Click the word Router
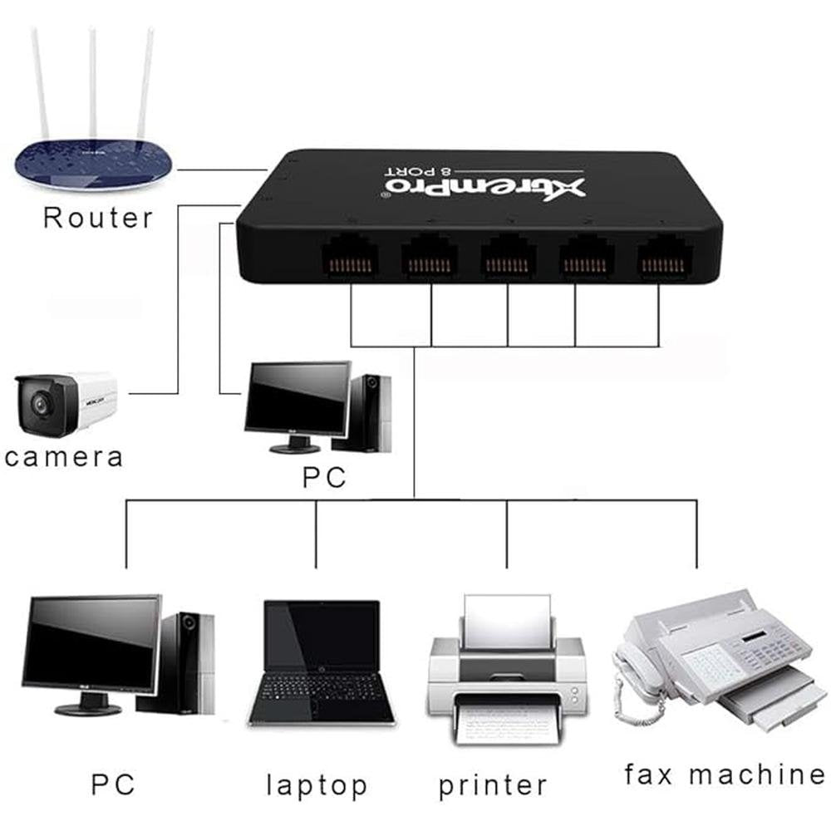click(98, 218)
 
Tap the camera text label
click(63, 456)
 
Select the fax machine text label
click(725, 774)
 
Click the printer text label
click(493, 785)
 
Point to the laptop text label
click(317, 785)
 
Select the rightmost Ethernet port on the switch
click(665, 253)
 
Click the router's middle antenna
click(92, 83)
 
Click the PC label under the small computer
click(324, 479)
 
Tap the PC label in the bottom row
click(113, 784)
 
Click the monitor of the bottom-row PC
click(91, 644)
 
